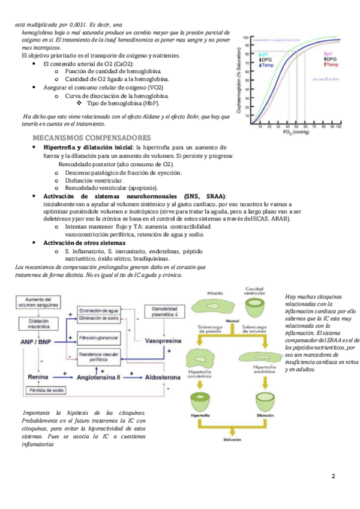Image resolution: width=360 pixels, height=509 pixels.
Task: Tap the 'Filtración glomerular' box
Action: [98, 339]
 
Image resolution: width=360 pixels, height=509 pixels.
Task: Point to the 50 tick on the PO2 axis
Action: [296, 127]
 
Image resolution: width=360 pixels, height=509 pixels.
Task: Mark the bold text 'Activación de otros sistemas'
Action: [84, 242]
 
